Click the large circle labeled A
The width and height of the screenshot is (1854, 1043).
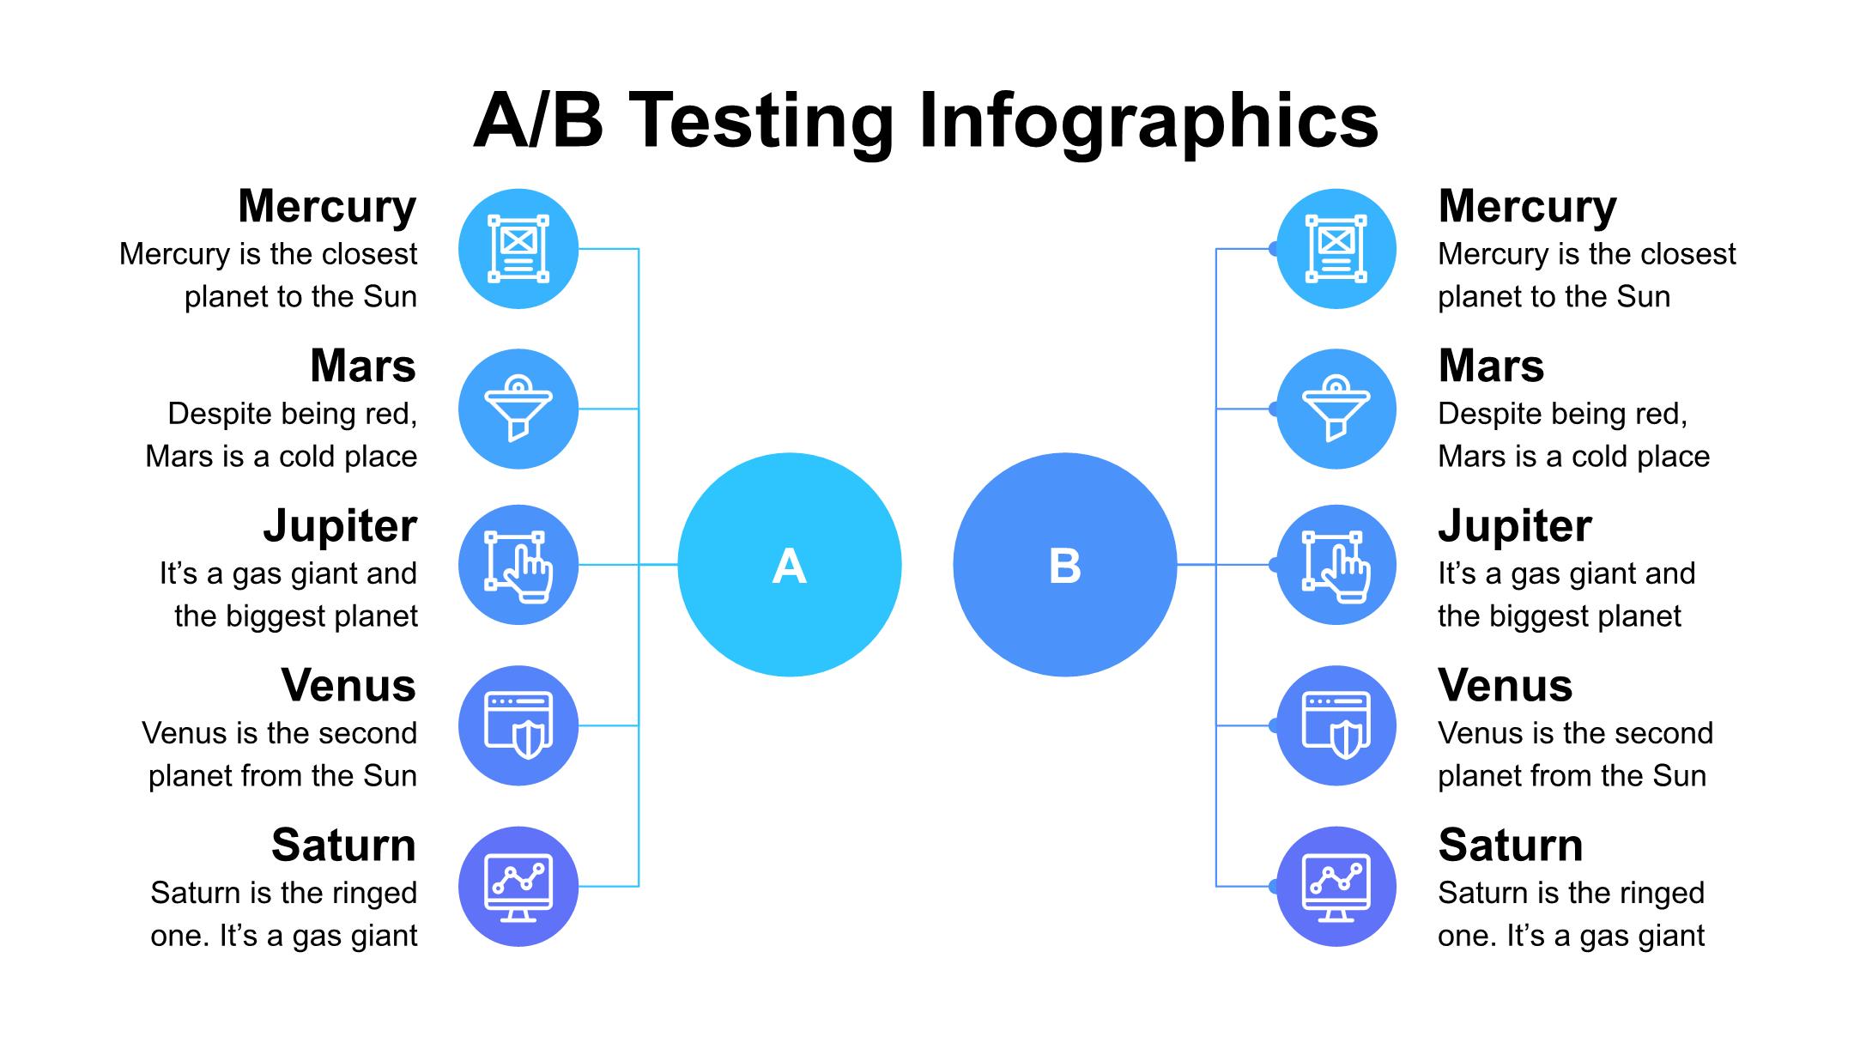(790, 565)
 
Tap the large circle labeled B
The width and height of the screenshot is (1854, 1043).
(1064, 565)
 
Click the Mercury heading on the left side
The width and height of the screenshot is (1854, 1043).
(327, 207)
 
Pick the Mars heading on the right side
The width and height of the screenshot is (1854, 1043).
(1491, 366)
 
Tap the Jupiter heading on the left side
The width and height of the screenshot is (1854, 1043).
(340, 526)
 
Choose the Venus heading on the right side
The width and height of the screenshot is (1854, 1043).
(1506, 685)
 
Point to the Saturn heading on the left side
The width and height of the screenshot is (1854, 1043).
(344, 845)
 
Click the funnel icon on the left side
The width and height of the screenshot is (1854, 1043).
(518, 409)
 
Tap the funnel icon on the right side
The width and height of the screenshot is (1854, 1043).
(1336, 409)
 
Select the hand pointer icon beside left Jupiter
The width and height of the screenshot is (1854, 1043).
(518, 567)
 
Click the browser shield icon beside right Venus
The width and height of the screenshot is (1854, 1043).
(1336, 725)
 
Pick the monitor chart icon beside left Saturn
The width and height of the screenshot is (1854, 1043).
(518, 887)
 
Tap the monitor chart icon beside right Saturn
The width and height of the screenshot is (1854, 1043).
(1336, 887)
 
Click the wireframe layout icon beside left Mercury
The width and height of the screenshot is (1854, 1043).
(518, 248)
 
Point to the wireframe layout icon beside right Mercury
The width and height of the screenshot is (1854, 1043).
(1336, 248)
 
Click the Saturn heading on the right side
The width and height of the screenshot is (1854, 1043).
(1511, 845)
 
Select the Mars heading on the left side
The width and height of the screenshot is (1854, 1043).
(363, 366)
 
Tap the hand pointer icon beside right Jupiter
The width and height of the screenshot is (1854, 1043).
(1336, 567)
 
